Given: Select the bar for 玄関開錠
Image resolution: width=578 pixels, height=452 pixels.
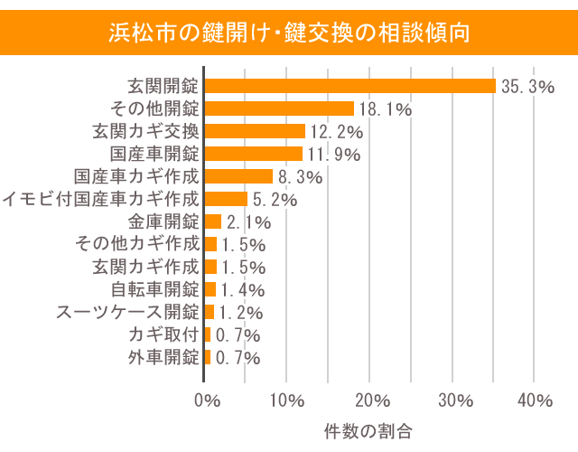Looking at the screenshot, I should click(x=350, y=86).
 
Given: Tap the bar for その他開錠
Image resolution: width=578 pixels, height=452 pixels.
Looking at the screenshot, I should click(x=280, y=108).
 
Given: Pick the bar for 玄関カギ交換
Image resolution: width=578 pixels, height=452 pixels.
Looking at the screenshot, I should click(x=256, y=131).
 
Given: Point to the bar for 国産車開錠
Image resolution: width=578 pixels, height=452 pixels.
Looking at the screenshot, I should click(x=254, y=154).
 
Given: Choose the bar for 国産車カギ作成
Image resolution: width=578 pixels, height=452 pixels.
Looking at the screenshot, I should click(x=239, y=176).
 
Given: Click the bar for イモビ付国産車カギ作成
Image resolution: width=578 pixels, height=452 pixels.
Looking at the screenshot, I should click(x=227, y=199).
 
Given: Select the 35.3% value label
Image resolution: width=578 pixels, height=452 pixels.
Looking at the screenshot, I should click(x=527, y=87).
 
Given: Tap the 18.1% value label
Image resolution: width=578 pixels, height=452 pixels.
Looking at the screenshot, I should click(x=386, y=109).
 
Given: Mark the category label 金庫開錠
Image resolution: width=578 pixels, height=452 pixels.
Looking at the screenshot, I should click(x=163, y=221).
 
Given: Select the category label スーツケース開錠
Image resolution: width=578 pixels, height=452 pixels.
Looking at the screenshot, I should click(x=127, y=312).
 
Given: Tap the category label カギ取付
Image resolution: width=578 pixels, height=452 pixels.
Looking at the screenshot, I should click(x=163, y=334).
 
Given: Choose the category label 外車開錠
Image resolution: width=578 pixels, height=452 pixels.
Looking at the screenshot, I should click(x=163, y=357).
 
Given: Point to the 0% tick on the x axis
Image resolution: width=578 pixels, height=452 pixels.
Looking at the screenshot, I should click(x=207, y=400).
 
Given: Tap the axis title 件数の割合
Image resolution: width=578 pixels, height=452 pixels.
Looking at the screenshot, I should click(x=368, y=430).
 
